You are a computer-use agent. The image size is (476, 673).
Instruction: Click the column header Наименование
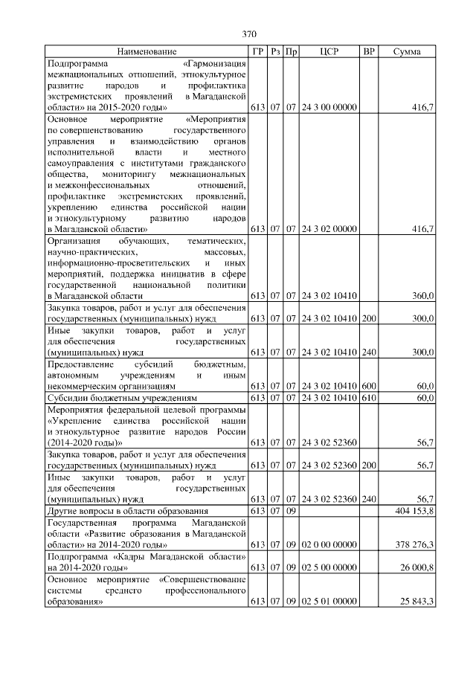click(x=147, y=52)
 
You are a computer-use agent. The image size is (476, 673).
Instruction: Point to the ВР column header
click(x=367, y=52)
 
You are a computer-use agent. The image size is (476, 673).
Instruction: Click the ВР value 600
click(x=367, y=386)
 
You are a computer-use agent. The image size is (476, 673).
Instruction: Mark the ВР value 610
click(x=367, y=398)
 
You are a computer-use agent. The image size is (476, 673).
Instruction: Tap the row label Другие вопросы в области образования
click(x=127, y=512)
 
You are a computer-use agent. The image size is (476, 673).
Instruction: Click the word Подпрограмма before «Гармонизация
click(x=74, y=63)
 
